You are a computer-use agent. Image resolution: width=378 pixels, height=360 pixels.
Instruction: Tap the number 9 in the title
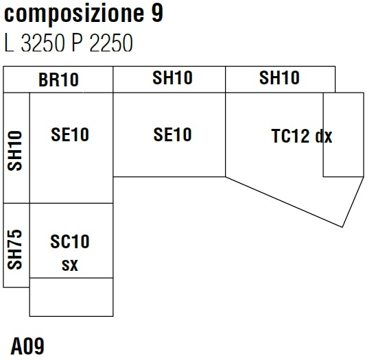click(x=158, y=14)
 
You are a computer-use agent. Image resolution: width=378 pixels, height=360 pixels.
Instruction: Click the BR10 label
click(x=58, y=80)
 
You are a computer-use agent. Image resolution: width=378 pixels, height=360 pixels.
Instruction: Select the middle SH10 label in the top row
click(x=172, y=78)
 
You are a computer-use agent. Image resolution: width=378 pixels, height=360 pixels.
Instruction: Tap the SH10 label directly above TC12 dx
click(x=279, y=78)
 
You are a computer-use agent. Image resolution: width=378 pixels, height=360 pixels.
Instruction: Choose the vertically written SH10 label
click(x=16, y=151)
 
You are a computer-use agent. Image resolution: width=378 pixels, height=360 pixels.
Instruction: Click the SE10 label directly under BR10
click(x=69, y=135)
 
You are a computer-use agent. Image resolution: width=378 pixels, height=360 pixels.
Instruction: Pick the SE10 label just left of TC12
click(x=172, y=135)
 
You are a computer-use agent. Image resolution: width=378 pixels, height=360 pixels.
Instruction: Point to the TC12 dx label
click(x=301, y=136)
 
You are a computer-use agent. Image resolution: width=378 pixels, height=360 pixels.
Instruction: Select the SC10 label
click(x=69, y=242)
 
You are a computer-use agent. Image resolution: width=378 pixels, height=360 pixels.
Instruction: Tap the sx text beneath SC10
click(x=69, y=265)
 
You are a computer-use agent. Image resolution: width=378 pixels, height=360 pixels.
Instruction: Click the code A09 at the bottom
click(x=27, y=346)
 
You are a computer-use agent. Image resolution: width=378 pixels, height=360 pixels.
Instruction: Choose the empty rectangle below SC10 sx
click(x=71, y=297)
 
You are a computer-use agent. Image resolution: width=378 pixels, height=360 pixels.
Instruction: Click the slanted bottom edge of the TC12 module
click(x=288, y=197)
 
